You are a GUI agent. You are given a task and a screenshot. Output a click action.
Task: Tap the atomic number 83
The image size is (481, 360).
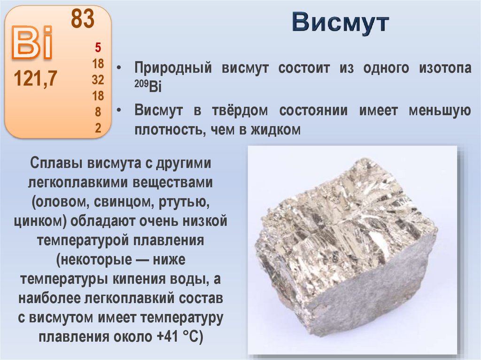pyautogui.click(x=83, y=19)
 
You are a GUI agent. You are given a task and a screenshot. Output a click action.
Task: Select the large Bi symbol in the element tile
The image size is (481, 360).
pyautogui.click(x=32, y=45)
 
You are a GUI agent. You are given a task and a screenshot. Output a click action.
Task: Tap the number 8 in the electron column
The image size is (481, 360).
pyautogui.click(x=98, y=112)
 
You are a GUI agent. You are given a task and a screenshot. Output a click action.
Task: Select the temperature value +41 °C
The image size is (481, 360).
pyautogui.click(x=180, y=337)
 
